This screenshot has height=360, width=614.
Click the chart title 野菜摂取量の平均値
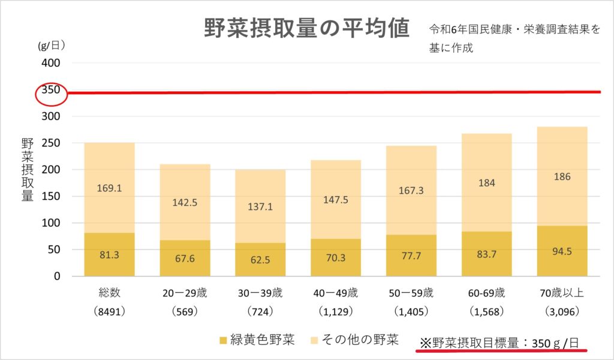coord(306,28)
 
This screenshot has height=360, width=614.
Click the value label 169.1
coord(109,188)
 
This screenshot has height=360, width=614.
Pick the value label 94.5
coord(562,251)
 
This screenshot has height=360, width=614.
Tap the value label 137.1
coord(260,207)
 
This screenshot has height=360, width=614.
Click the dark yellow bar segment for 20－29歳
coord(185,259)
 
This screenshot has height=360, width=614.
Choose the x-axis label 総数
coord(109,293)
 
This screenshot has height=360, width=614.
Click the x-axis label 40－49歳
coord(336,293)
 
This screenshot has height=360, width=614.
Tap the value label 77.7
coord(411,254)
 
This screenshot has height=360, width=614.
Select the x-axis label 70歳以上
coord(562,293)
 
